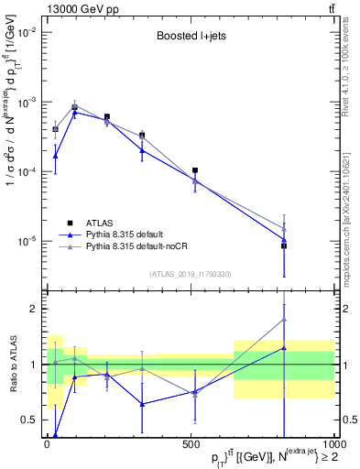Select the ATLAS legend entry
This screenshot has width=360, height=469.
[x=97, y=223]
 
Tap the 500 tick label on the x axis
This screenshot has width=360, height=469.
[x=191, y=444]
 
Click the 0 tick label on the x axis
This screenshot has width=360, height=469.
[x=47, y=444]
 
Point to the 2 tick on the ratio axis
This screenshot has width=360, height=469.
[x=33, y=309]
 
